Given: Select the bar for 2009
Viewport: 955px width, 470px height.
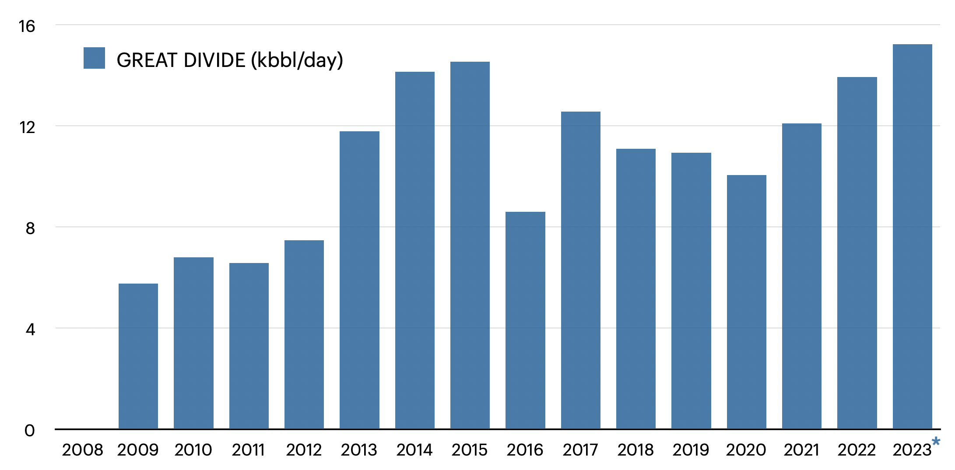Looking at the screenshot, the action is (x=138, y=356).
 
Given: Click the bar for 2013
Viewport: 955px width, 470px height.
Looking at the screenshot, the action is (x=359, y=280).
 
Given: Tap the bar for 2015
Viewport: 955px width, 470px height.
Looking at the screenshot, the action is (x=470, y=245).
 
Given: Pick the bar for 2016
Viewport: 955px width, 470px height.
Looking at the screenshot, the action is (x=525, y=320).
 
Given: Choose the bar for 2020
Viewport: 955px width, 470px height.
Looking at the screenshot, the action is (x=747, y=302).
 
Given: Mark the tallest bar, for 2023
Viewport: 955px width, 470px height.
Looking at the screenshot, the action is (x=913, y=236).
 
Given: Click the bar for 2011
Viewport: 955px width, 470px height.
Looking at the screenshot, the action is (x=249, y=346).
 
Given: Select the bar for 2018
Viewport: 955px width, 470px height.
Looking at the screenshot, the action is (x=636, y=289).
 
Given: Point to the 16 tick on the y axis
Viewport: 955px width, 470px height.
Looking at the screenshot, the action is (x=27, y=26).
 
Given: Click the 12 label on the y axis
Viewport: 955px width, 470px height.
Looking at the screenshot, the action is (x=27, y=127).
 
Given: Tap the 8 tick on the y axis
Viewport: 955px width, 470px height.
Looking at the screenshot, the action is (x=30, y=228).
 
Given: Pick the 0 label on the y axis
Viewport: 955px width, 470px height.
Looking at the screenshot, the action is (x=30, y=431).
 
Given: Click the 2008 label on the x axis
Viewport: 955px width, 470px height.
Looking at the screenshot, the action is (x=82, y=450).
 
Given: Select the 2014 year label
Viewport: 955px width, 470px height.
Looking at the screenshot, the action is (x=414, y=450).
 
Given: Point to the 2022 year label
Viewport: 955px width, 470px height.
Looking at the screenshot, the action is (x=857, y=450).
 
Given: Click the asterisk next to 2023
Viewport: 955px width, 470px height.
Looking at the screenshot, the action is (x=936, y=441).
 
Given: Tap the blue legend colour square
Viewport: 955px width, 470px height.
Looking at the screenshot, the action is (x=94, y=58).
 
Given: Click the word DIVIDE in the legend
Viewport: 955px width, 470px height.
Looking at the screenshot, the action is (x=214, y=60).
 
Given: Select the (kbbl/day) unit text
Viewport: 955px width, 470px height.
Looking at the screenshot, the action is (x=297, y=60).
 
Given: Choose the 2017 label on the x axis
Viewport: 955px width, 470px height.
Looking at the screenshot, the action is (x=580, y=450).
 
